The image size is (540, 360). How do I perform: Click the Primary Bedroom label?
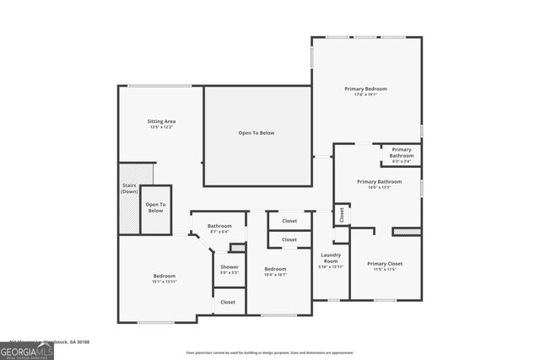click(x=365, y=88)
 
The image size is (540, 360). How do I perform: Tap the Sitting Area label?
click(x=162, y=121)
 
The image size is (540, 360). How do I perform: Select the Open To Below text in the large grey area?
click(x=256, y=132)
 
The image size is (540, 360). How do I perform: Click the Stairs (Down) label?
click(x=129, y=187)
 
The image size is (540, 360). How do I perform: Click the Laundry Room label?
click(x=330, y=258)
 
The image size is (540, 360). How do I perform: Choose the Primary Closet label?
click(x=385, y=264)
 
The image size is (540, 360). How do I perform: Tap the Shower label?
click(x=229, y=267)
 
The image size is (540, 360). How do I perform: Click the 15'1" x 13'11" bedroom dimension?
click(x=165, y=282)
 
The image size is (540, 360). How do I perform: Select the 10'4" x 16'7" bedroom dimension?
click(x=276, y=274)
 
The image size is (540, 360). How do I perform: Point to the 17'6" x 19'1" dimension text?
click(x=365, y=94)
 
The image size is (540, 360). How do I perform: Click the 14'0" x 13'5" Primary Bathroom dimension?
click(x=378, y=187)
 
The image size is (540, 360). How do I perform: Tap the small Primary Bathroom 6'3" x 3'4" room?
click(x=402, y=153)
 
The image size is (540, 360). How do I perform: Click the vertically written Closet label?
click(x=342, y=215)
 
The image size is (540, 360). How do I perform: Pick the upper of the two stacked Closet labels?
click(x=289, y=221)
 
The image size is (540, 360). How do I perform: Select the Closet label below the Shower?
click(x=228, y=301)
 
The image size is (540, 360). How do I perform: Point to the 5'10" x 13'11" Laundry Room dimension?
click(x=331, y=266)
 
